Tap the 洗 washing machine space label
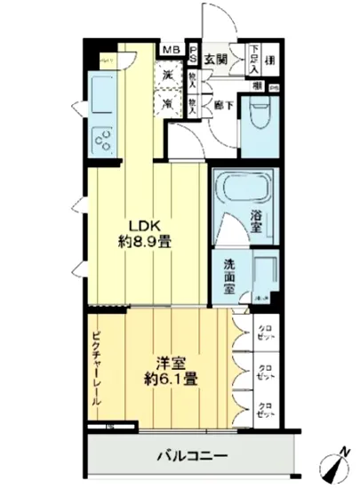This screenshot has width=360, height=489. coord(167,76)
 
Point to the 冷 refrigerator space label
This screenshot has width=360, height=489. coord(167,103)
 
